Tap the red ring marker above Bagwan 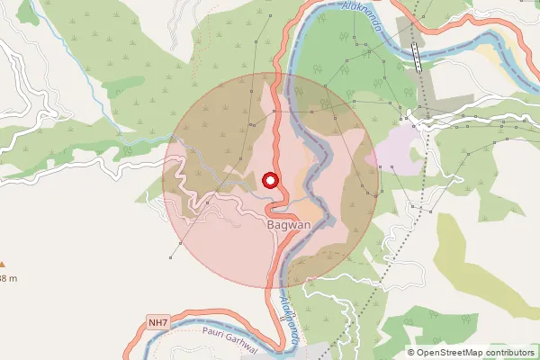tap(269, 181)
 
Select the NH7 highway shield tap(158, 320)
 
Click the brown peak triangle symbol tap(3, 265)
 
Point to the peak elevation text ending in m tap(7, 279)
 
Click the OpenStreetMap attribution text tap(473, 352)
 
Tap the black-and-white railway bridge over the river tap(417, 55)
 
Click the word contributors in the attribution tap(508, 352)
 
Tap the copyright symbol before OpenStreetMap tap(411, 352)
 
